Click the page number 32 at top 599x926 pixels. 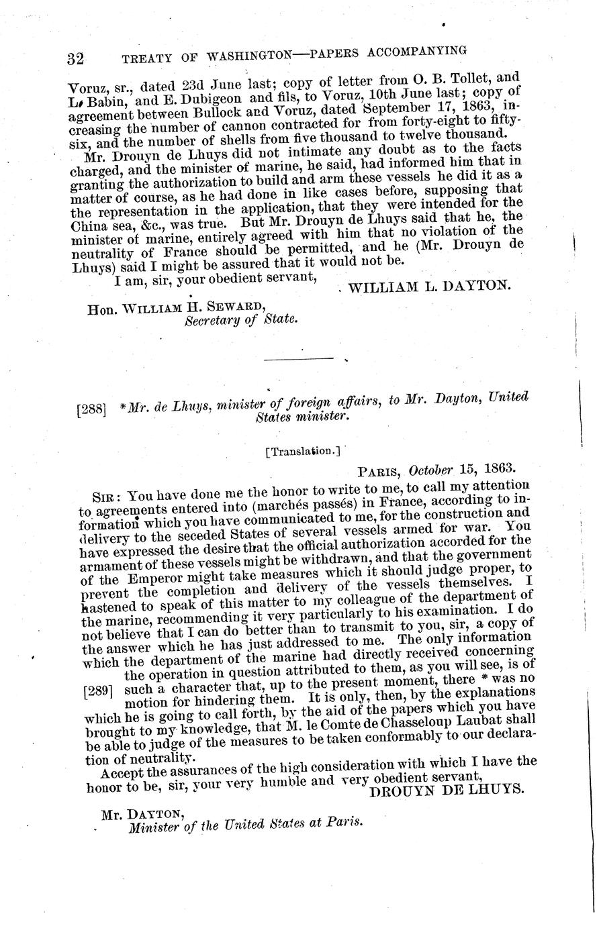(75, 58)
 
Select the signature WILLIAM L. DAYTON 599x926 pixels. (430, 285)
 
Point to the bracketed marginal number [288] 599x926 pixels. (91, 407)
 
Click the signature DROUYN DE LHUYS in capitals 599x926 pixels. (447, 790)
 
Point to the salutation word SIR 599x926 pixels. (105, 497)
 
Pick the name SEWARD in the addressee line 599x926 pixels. (222, 306)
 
